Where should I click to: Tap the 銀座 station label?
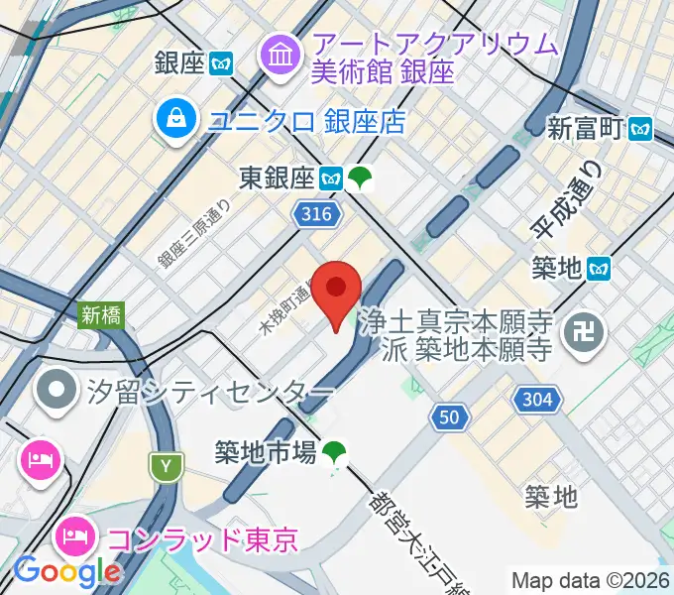(x=179, y=64)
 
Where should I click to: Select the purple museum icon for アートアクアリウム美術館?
(x=281, y=57)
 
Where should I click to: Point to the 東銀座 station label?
(x=277, y=178)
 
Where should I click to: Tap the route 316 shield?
(x=318, y=213)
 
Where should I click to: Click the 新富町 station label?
(x=587, y=127)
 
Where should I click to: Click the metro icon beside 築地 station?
(x=599, y=268)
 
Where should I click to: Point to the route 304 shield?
(x=538, y=399)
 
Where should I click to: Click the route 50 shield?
(x=450, y=419)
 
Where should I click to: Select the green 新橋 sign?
(x=100, y=315)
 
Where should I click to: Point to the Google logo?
(x=66, y=571)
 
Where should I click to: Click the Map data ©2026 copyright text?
(x=590, y=580)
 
